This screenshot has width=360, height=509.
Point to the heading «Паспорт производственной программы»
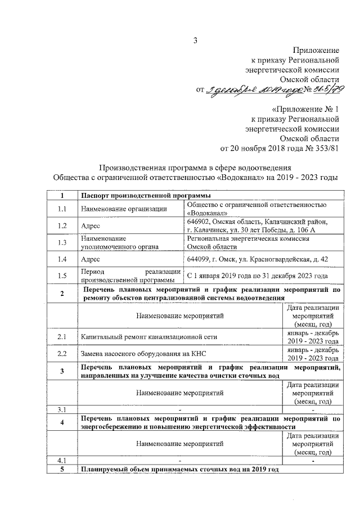tap(138, 195)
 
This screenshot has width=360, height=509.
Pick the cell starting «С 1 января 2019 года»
tap(257, 276)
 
